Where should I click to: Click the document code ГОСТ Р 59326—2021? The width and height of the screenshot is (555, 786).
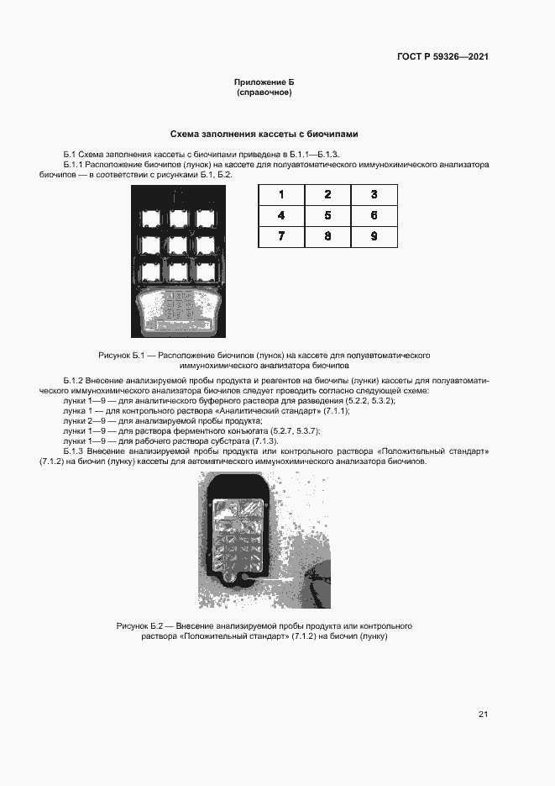[442, 57]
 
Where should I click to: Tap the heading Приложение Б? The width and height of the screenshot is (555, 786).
[264, 82]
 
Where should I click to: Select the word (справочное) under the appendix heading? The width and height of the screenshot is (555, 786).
[264, 92]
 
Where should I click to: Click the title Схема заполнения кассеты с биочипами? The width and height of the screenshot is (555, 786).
[264, 134]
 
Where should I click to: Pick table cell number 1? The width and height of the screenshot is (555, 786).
[281, 195]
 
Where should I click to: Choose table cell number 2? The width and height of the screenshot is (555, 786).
[327, 195]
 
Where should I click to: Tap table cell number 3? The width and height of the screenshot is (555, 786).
[374, 195]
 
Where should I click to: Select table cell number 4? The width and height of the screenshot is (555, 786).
[281, 216]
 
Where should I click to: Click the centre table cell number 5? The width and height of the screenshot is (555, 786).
[327, 216]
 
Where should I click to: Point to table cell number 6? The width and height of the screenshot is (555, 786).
[374, 216]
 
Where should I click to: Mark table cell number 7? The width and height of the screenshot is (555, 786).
[281, 237]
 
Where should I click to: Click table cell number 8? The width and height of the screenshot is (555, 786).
[327, 237]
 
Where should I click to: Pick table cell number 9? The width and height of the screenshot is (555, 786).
[374, 237]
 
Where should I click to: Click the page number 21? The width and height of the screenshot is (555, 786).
[483, 715]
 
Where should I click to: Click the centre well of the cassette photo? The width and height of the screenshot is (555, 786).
[178, 245]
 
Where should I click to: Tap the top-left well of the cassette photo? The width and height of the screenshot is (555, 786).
[152, 219]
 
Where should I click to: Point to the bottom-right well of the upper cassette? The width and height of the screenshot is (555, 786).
[204, 271]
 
